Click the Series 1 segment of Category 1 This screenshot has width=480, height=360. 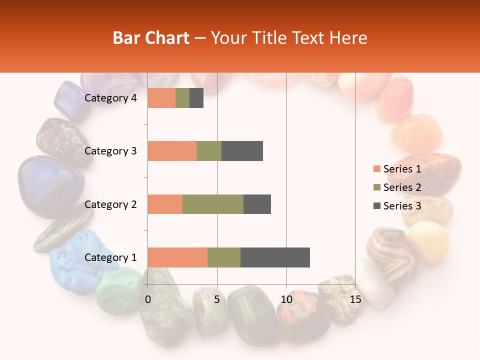click(x=177, y=257)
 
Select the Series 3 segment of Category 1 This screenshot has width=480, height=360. click(x=275, y=257)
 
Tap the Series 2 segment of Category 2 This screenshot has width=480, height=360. click(x=213, y=204)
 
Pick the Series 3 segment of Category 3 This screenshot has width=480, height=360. click(x=242, y=151)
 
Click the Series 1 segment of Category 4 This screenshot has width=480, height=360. click(x=161, y=98)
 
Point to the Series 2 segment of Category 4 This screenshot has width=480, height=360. click(x=182, y=98)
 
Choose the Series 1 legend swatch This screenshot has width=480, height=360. click(x=376, y=169)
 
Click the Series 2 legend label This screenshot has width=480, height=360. click(x=402, y=187)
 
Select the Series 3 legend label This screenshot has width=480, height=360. click(x=402, y=206)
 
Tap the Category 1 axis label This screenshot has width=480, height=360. click(x=110, y=257)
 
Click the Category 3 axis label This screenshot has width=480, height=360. click(x=110, y=151)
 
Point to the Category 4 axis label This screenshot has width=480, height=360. click(x=110, y=98)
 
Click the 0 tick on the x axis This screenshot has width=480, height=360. click(x=148, y=299)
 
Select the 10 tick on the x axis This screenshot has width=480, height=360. click(x=286, y=299)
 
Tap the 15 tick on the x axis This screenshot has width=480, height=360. click(x=355, y=299)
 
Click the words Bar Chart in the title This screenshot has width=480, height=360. click(x=151, y=38)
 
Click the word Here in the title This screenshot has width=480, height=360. click(x=348, y=38)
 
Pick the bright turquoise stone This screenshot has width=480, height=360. click(x=80, y=260)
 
